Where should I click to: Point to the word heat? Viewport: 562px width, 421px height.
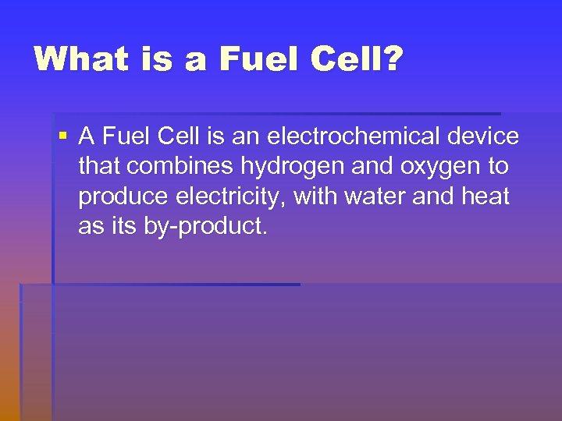(485, 196)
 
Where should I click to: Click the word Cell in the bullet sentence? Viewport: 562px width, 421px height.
(180, 136)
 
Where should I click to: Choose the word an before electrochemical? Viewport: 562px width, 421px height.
(245, 136)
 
